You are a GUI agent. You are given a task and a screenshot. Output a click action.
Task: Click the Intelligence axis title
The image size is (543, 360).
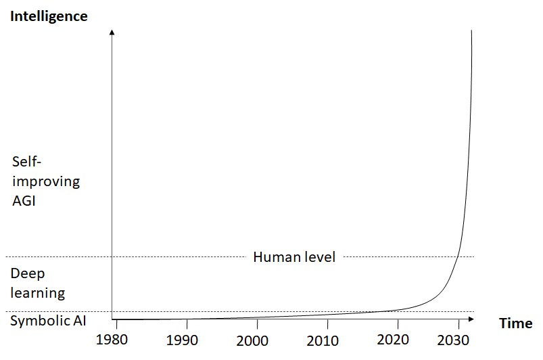(49, 16)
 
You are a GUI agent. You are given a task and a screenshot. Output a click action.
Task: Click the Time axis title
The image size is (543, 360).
(516, 323)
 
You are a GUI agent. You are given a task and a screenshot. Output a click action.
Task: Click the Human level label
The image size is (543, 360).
(294, 257)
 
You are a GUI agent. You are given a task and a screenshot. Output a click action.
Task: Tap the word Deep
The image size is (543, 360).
(28, 275)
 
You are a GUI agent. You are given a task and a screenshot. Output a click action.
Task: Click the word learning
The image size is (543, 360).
(38, 293)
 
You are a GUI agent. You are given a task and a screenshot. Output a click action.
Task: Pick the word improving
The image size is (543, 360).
(46, 181)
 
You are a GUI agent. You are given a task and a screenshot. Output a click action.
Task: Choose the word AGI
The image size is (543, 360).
(25, 201)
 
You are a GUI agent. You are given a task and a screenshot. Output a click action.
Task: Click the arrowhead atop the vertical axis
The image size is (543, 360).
(112, 32)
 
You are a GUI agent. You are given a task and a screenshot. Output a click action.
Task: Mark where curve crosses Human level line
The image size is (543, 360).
(459, 256)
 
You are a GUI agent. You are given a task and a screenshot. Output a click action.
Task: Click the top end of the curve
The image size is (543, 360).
(471, 30)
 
